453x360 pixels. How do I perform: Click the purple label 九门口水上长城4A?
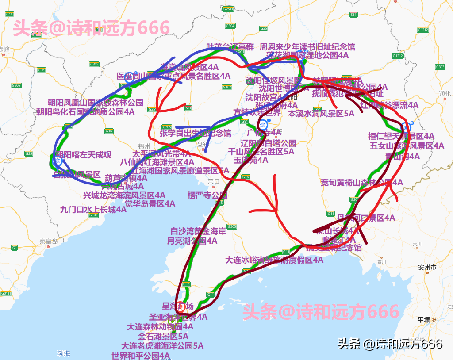[93, 210]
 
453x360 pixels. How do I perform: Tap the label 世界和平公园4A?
[141, 356]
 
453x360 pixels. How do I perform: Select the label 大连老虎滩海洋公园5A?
[162, 346]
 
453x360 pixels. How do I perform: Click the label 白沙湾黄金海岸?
[198, 231]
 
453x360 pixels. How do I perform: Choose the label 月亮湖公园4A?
[192, 241]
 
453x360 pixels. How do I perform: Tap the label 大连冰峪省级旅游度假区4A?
[274, 260]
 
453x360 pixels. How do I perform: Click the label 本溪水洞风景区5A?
[321, 113]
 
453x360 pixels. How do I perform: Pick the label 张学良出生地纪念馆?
[195, 133]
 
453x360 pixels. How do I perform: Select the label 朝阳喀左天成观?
[83, 155]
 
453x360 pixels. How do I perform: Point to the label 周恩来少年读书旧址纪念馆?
[307, 46]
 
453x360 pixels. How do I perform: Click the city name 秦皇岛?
[49, 241]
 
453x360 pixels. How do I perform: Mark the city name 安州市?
[427, 268]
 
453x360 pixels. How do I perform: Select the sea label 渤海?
[63, 353]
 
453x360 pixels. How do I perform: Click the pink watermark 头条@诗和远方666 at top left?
[91, 28]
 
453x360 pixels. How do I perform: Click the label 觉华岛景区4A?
[150, 203]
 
